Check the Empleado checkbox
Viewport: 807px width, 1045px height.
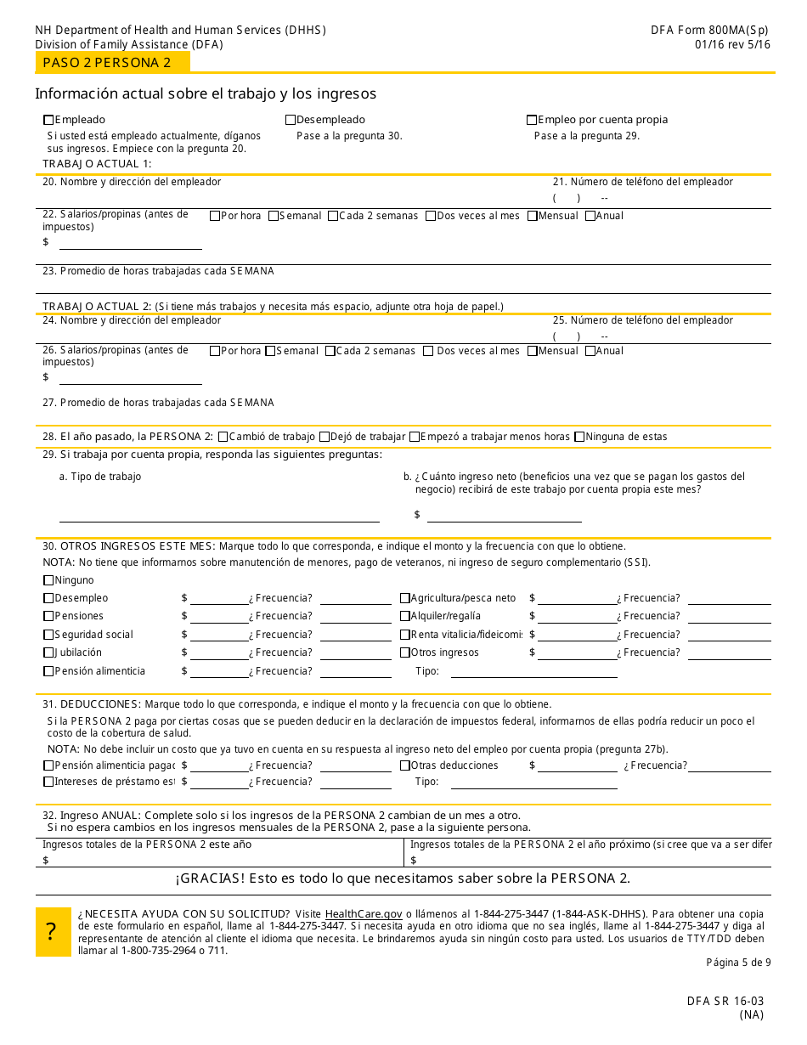click(48, 120)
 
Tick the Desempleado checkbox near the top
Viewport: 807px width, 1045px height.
click(291, 120)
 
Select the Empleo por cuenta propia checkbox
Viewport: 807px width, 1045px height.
click(532, 120)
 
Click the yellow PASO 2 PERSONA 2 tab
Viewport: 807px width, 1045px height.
click(112, 62)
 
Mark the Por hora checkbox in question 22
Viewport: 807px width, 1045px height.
click(215, 216)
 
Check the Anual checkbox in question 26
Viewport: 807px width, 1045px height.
click(590, 351)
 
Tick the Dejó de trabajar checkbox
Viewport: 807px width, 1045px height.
click(324, 437)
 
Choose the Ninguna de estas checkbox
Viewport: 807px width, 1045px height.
click(579, 437)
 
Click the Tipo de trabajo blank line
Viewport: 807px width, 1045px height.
click(219, 515)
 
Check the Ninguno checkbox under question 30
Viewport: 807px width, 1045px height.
click(48, 580)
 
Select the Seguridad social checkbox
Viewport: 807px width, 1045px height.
click(48, 635)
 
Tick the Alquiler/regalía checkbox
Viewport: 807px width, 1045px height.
click(404, 616)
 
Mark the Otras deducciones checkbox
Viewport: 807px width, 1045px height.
click(404, 765)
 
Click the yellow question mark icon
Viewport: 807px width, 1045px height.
click(53, 932)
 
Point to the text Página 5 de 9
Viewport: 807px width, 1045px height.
click(738, 963)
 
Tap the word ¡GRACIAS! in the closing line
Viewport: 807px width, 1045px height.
click(207, 878)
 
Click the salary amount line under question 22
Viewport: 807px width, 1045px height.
click(130, 244)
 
